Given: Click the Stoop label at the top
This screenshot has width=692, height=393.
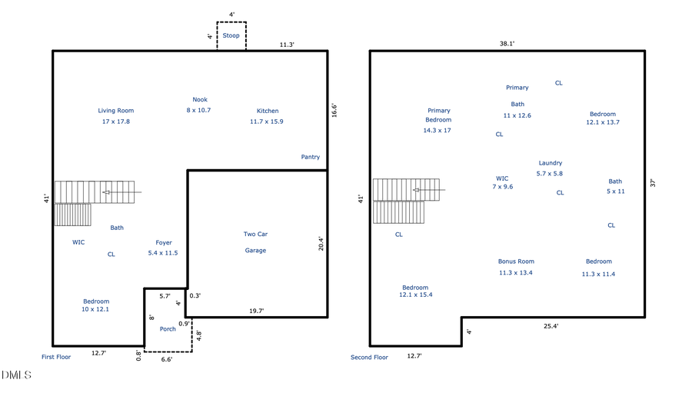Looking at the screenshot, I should (231, 35).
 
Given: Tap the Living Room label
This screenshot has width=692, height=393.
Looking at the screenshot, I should (116, 111).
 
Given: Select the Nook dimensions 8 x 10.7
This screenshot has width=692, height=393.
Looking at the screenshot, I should (200, 110).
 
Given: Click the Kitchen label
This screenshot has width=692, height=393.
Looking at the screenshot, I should (268, 111).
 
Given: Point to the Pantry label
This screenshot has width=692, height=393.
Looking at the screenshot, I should (310, 157).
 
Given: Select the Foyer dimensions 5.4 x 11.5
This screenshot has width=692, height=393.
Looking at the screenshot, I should (163, 253).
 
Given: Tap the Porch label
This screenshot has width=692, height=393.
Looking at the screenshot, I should (168, 329).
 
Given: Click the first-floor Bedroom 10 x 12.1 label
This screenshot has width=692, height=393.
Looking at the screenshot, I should (96, 301).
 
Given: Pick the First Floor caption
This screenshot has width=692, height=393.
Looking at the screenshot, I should (56, 357).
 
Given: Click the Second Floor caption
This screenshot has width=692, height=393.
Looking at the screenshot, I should (369, 357).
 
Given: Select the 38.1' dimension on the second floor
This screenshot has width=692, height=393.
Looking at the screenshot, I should (507, 44).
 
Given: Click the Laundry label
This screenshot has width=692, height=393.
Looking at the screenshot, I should (550, 163).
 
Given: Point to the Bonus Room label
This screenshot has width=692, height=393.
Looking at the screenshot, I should (515, 261).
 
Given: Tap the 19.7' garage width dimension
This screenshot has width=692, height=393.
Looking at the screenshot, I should (256, 311).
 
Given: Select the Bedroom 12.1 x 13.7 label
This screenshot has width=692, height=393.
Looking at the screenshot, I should (603, 114).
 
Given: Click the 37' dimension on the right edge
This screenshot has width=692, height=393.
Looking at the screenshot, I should (652, 183).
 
